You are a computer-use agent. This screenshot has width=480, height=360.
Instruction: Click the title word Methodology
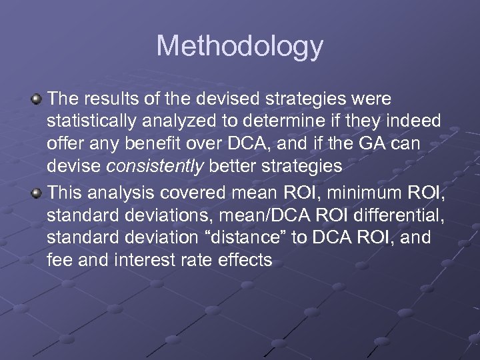pyautogui.click(x=239, y=47)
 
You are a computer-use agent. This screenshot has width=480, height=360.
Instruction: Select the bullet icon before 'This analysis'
pyautogui.click(x=37, y=192)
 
